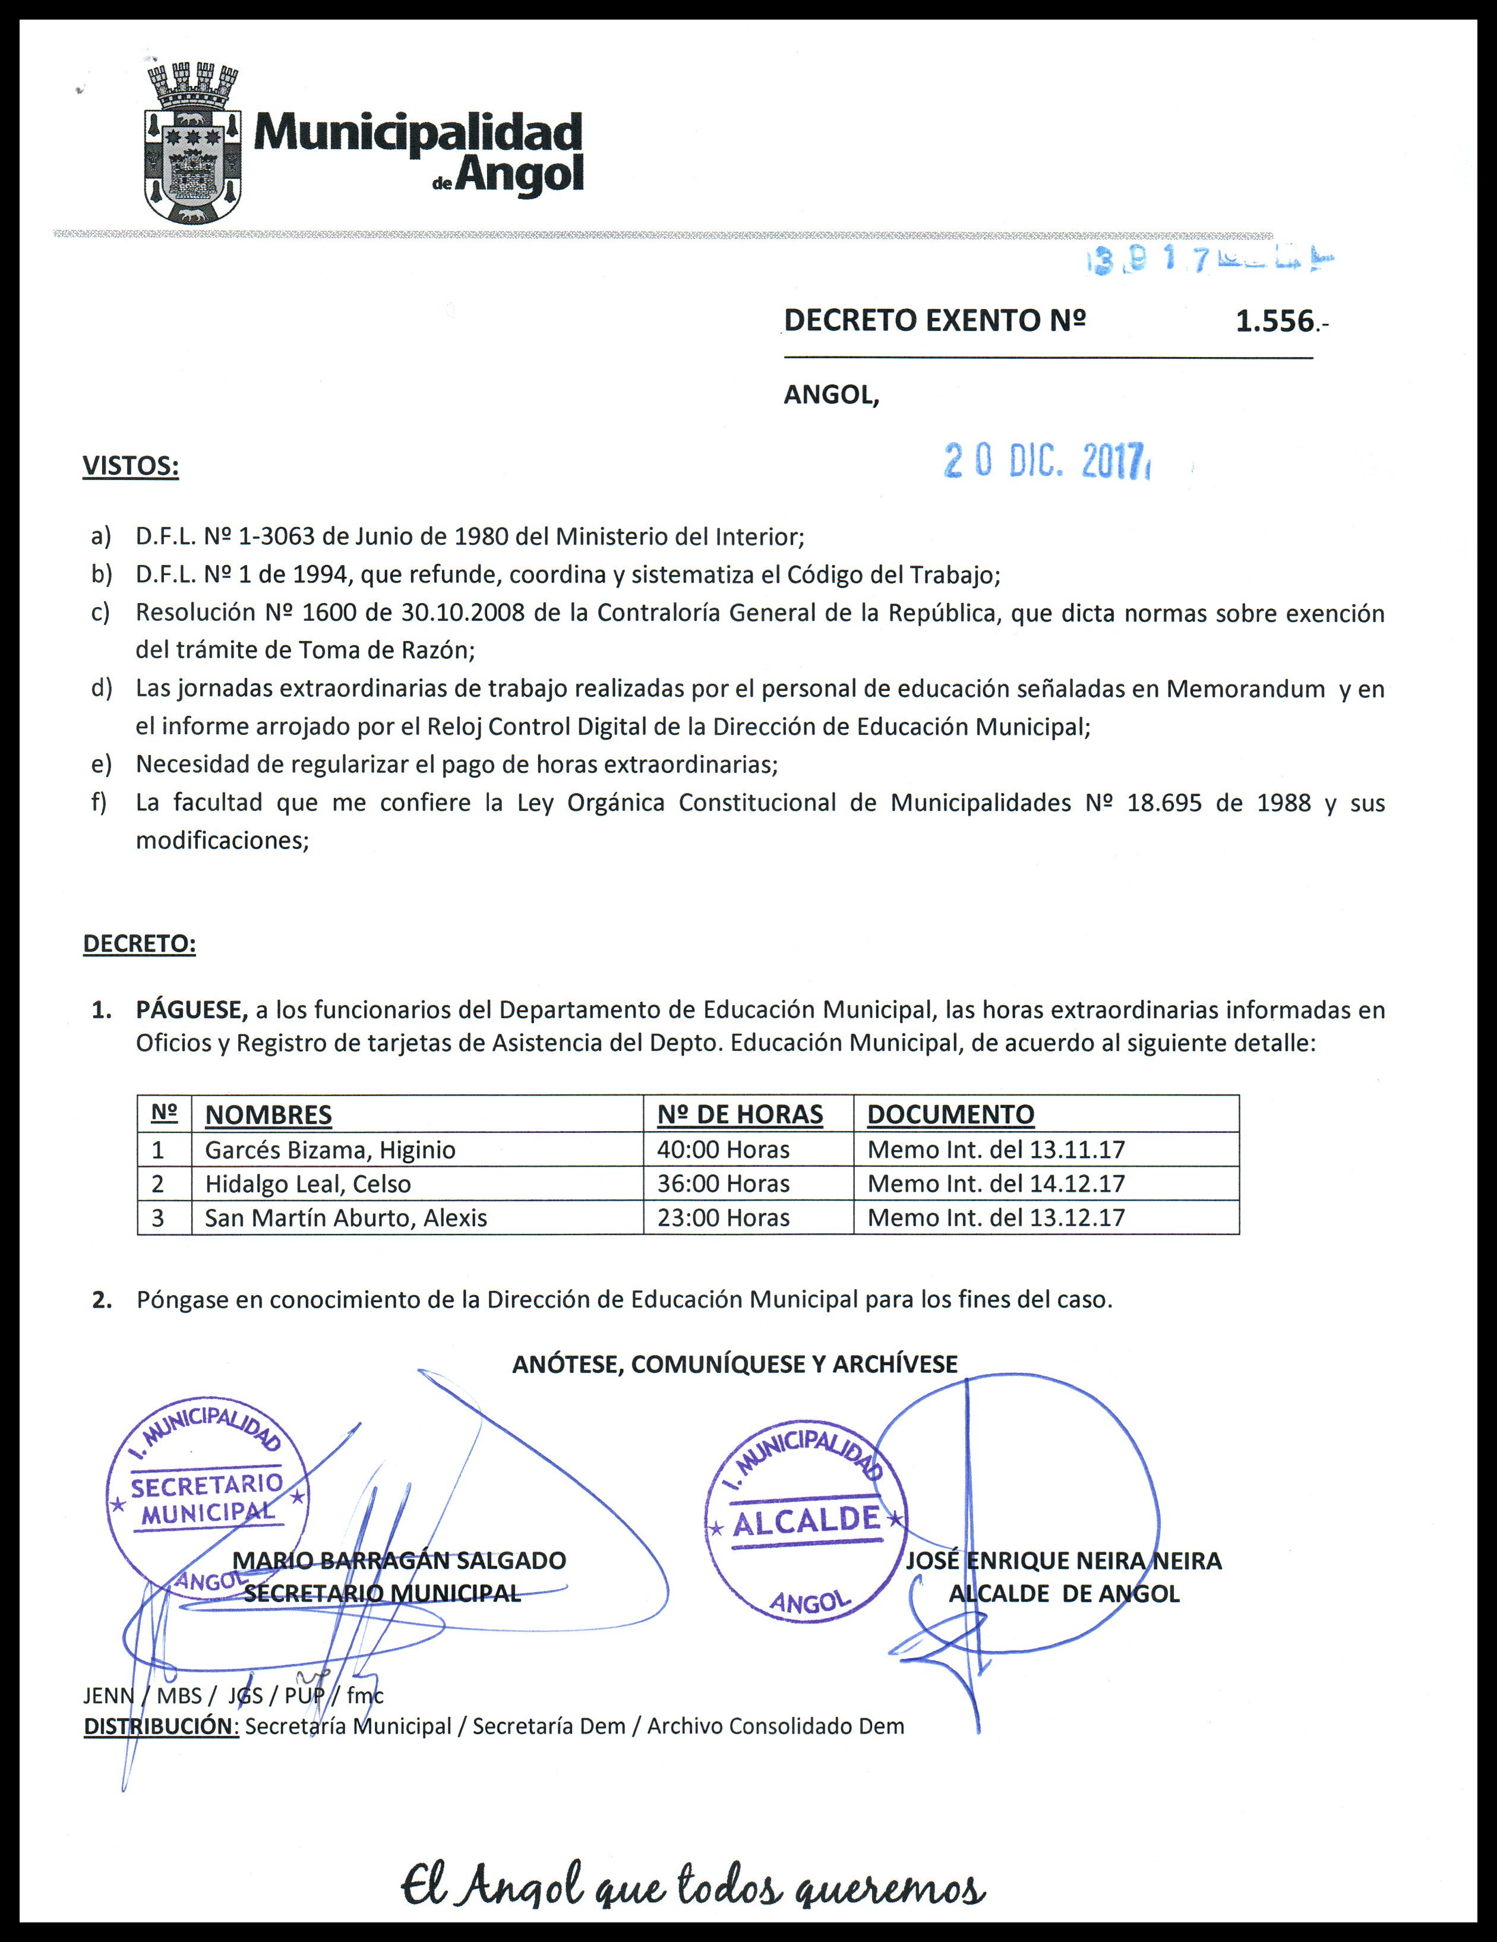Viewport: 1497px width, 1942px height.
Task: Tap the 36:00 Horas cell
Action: tap(723, 1183)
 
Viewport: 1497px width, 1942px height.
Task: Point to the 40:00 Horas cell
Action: tap(723, 1150)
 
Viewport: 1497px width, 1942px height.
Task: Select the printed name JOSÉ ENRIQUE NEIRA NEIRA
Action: tap(1063, 1561)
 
